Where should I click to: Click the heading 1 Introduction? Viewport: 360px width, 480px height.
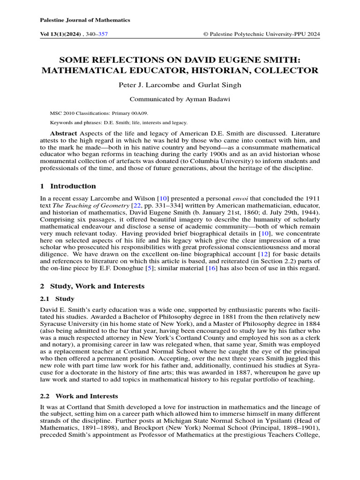68,186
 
